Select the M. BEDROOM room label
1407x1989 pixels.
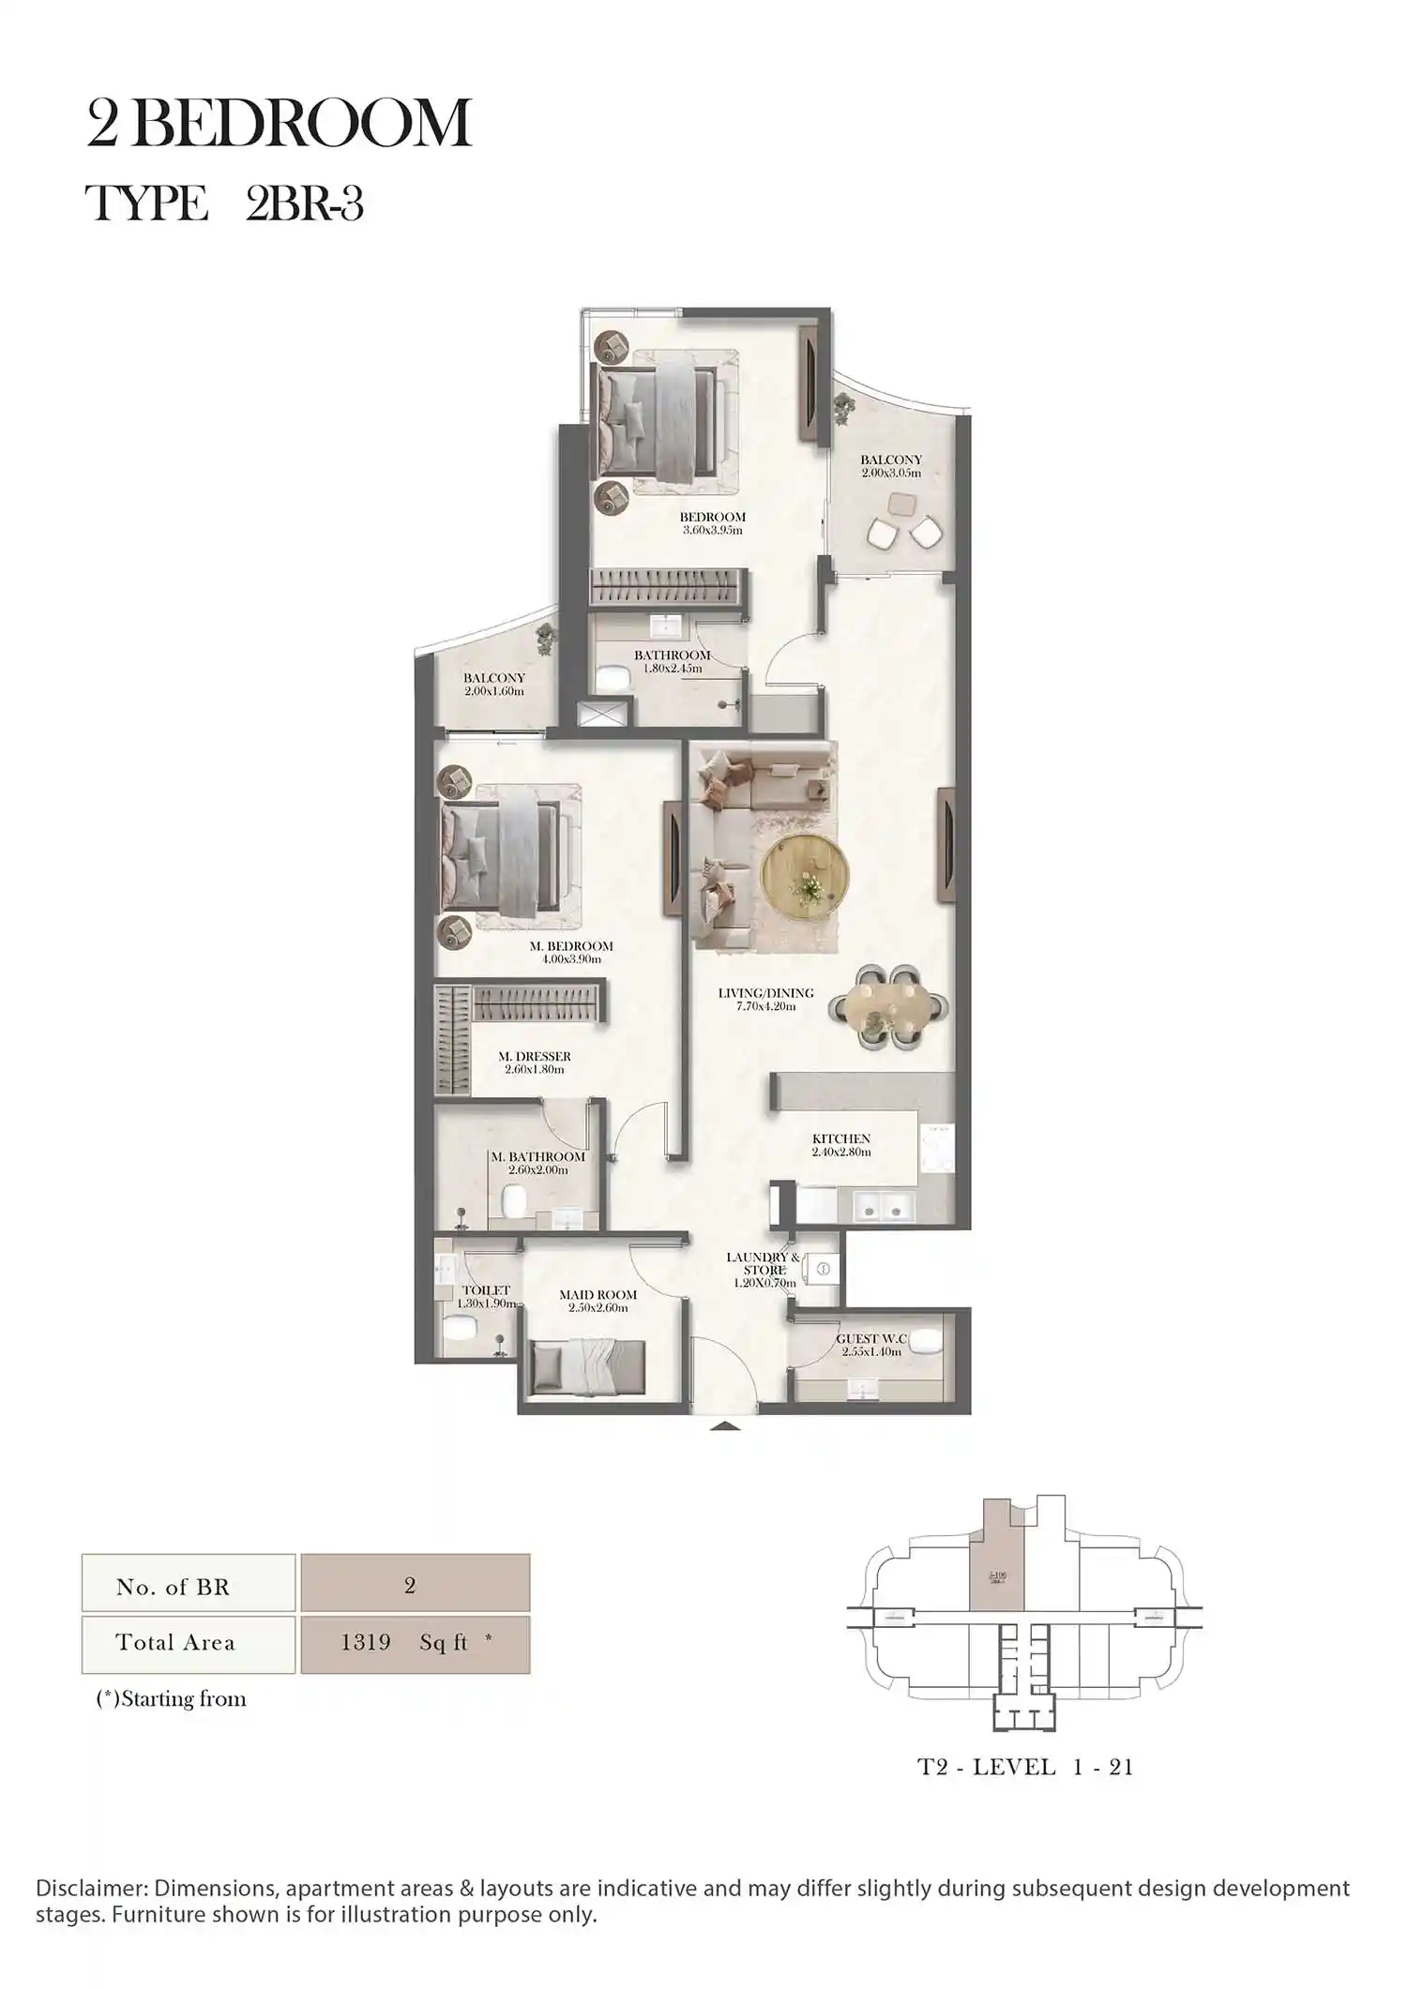[570, 946]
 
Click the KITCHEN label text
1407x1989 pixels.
[840, 1138]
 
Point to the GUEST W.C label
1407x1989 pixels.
[871, 1339]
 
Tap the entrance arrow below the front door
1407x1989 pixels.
[724, 1427]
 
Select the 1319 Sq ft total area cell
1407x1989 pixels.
[415, 1643]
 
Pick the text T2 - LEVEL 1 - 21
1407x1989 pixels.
[1024, 1768]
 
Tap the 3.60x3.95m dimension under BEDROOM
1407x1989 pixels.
[712, 531]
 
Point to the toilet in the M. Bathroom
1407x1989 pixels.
[512, 1201]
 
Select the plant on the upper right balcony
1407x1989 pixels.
[844, 405]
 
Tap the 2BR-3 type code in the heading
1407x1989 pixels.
[304, 203]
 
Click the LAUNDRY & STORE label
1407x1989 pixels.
[763, 1263]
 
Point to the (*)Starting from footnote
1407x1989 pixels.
[172, 1699]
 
